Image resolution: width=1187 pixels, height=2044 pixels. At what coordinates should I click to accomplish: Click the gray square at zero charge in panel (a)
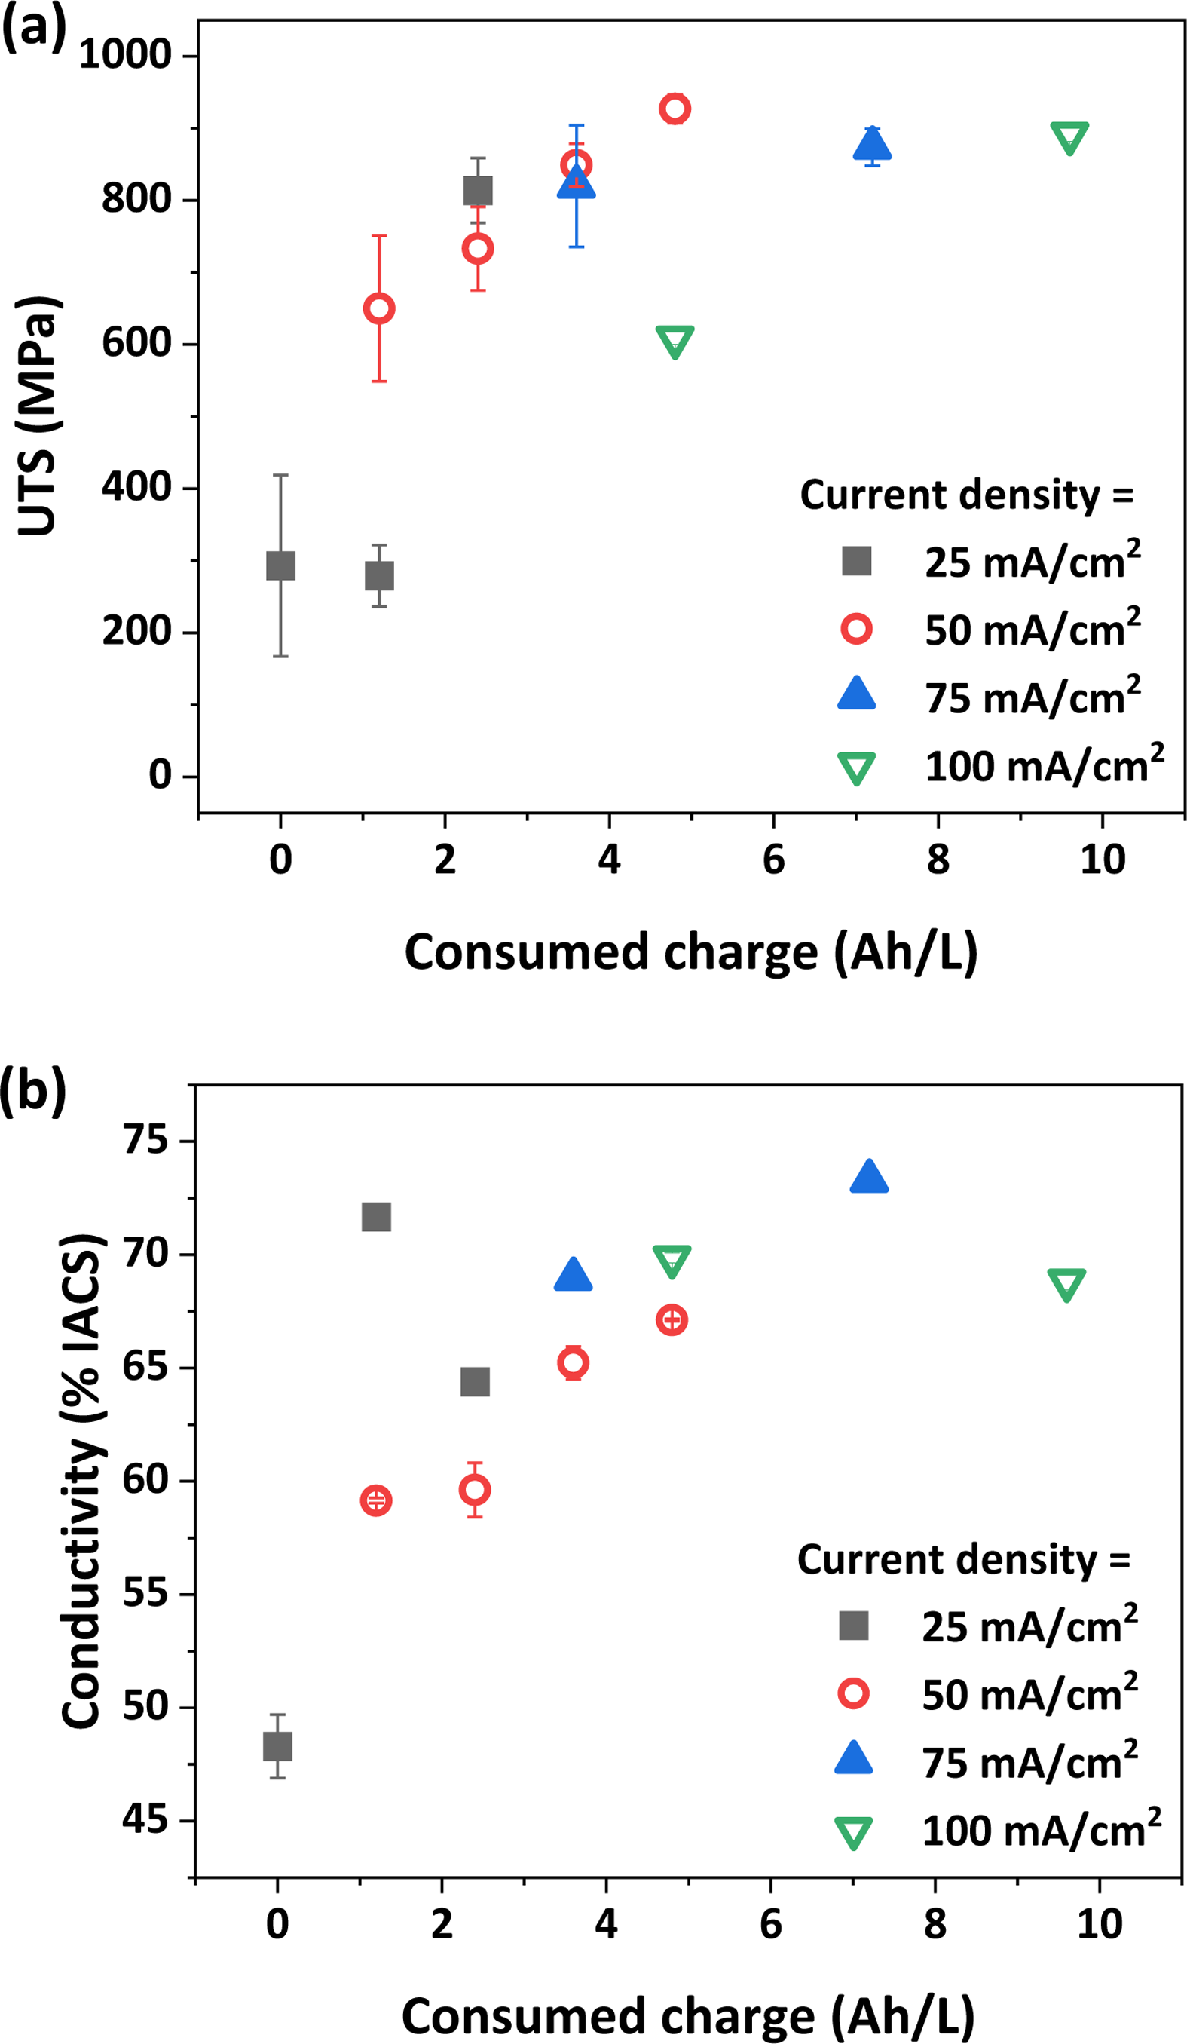pos(280,565)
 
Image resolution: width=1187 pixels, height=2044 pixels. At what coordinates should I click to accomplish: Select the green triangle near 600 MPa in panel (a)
pos(675,342)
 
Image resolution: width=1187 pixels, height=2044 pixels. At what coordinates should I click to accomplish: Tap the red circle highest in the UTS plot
pos(675,108)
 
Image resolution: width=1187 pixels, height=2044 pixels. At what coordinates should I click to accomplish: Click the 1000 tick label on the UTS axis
pos(126,55)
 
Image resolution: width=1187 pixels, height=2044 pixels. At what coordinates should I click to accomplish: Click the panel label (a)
pos(33,31)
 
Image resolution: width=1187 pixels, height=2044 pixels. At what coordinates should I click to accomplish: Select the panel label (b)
pos(32,1091)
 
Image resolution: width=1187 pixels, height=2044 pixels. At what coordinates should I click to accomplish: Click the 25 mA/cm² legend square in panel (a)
pos(856,560)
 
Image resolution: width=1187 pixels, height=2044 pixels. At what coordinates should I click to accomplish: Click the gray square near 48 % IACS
pos(277,1745)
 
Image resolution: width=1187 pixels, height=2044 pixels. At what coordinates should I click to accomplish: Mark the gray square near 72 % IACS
pos(376,1217)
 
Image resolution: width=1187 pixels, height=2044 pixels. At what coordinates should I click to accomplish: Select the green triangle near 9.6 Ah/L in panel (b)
pos(1066,1284)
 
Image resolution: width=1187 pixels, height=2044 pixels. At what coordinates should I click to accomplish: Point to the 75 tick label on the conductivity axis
pos(145,1141)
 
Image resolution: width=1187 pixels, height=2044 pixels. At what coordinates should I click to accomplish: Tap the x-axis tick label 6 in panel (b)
pos(770,1924)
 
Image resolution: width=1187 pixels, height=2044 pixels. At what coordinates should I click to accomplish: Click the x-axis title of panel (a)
pos(691,952)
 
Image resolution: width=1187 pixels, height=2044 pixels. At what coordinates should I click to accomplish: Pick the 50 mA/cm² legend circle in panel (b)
pos(854,1693)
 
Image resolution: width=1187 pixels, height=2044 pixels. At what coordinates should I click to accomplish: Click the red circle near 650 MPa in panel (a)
pos(378,308)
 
